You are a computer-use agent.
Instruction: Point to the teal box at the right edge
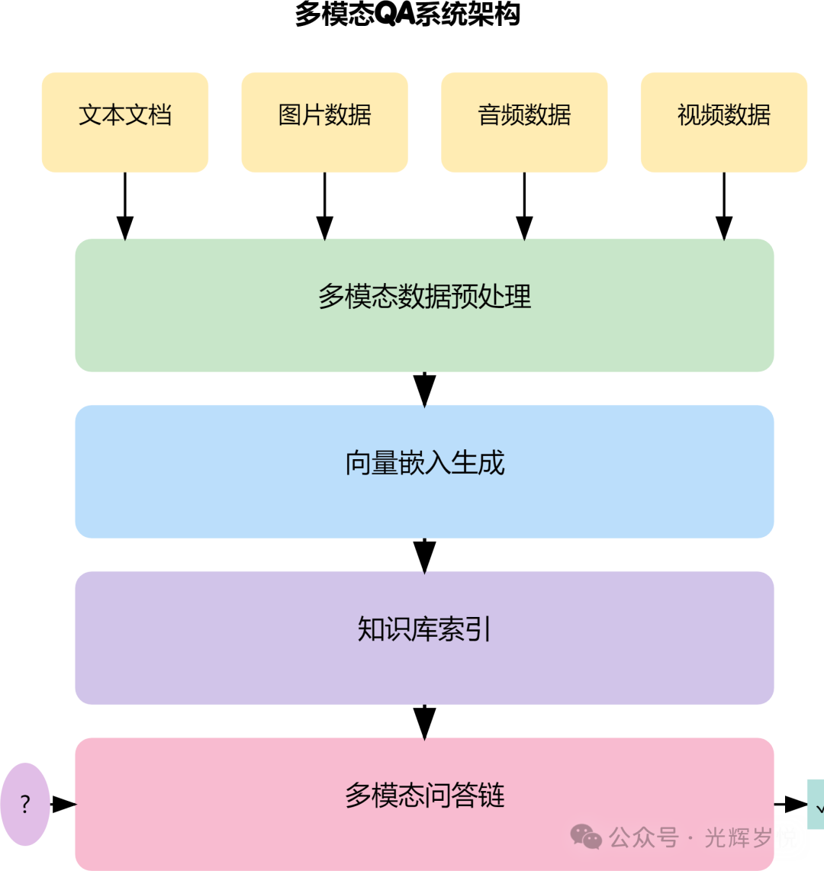pyautogui.click(x=816, y=804)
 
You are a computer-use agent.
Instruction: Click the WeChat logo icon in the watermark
pyautogui.click(x=587, y=837)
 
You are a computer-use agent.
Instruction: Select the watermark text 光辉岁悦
pyautogui.click(x=751, y=837)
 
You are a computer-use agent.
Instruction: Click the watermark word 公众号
pyautogui.click(x=644, y=837)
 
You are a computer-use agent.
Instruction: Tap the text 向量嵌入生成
pyautogui.click(x=424, y=463)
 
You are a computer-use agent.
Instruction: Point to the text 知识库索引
pyautogui.click(x=424, y=629)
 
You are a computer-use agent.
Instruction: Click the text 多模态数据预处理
pyautogui.click(x=424, y=296)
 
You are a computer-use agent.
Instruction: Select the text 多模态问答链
pyautogui.click(x=424, y=795)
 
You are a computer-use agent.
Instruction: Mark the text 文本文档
pyautogui.click(x=124, y=114)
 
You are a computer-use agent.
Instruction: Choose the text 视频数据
pyautogui.click(x=723, y=114)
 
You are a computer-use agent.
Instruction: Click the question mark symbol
pyautogui.click(x=25, y=804)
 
